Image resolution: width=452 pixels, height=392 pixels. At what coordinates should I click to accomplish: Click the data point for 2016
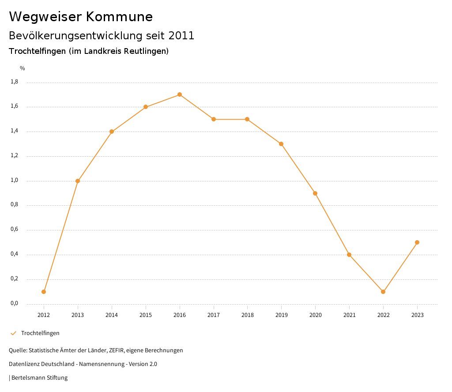pyautogui.click(x=180, y=94)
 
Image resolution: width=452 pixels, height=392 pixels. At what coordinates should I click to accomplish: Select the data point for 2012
pyautogui.click(x=44, y=292)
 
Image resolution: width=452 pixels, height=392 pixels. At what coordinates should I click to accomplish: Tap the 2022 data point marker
pyautogui.click(x=383, y=292)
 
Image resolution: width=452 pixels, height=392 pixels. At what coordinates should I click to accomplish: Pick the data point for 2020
pyautogui.click(x=315, y=193)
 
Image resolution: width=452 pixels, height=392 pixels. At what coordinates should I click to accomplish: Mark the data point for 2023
pyautogui.click(x=417, y=242)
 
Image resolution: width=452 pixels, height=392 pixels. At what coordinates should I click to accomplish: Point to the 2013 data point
pyautogui.click(x=78, y=181)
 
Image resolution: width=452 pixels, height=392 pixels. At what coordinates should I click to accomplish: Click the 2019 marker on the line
pyautogui.click(x=281, y=144)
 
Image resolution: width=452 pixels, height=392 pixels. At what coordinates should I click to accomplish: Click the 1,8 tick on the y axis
pyautogui.click(x=14, y=82)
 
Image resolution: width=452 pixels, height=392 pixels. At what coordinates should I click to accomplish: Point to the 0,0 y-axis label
pyautogui.click(x=14, y=303)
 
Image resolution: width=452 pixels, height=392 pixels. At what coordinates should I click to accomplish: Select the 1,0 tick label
pyautogui.click(x=14, y=180)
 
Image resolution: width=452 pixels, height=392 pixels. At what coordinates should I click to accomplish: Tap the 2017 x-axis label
pyautogui.click(x=214, y=315)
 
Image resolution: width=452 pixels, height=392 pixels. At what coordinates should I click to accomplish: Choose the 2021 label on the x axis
pyautogui.click(x=349, y=315)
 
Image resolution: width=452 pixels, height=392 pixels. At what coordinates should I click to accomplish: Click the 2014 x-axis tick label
pyautogui.click(x=112, y=315)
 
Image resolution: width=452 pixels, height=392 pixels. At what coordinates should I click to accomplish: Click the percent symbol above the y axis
pyautogui.click(x=23, y=68)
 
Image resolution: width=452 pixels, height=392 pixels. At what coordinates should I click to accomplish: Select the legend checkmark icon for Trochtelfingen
pyautogui.click(x=13, y=333)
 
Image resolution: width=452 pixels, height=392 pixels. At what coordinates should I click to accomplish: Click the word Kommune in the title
pyautogui.click(x=119, y=17)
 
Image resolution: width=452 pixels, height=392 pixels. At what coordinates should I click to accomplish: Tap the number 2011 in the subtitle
pyautogui.click(x=181, y=36)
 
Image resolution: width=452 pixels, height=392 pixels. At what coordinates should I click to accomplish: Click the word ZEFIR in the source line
pyautogui.click(x=116, y=351)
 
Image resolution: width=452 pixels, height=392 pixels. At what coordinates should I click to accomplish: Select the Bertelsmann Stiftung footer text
pyautogui.click(x=39, y=378)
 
